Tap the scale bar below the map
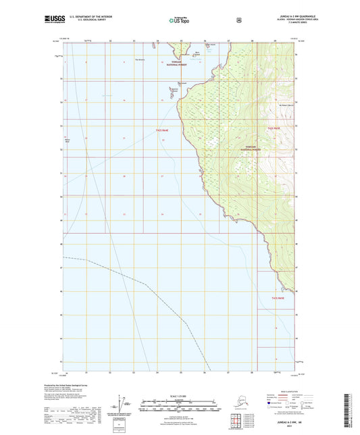click(179, 407)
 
